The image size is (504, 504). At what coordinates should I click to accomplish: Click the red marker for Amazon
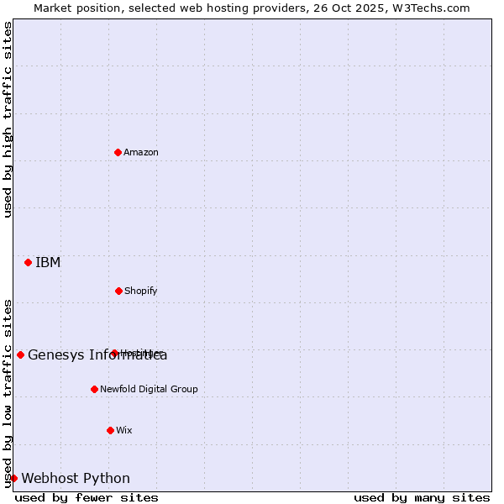click(x=118, y=152)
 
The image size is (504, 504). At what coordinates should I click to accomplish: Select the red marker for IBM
click(x=28, y=262)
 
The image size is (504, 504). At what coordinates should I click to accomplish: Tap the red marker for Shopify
click(x=118, y=291)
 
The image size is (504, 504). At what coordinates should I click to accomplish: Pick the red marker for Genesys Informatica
click(x=20, y=354)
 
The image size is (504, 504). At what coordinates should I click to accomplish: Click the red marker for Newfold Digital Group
click(x=94, y=389)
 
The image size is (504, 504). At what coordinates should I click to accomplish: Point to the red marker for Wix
click(x=110, y=430)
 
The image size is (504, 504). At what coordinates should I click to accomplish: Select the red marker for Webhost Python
click(x=13, y=478)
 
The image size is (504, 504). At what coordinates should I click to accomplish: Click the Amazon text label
click(x=141, y=152)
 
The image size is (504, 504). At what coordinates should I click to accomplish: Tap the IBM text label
click(x=48, y=262)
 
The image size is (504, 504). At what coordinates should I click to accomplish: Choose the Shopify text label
click(x=141, y=291)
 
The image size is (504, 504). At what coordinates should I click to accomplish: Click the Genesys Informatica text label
click(x=97, y=354)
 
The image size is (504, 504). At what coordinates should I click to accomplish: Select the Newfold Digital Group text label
click(x=149, y=389)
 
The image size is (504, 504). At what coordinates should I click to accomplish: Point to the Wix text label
click(x=124, y=430)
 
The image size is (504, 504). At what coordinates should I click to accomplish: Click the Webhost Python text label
click(x=76, y=478)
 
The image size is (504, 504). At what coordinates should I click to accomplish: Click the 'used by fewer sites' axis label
click(x=87, y=497)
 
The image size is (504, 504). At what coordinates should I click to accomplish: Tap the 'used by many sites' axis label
click(x=422, y=497)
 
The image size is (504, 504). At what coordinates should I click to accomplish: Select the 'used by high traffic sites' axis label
click(x=8, y=119)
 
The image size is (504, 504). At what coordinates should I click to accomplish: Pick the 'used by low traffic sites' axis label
click(x=8, y=392)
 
